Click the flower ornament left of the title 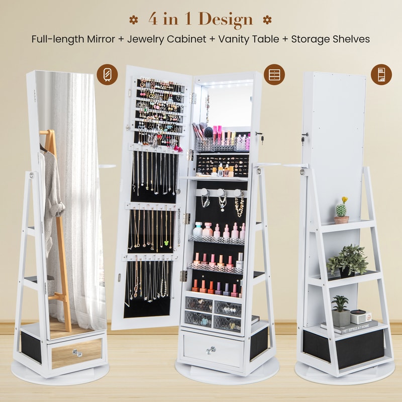coord(133,20)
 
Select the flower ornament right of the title coord(267,20)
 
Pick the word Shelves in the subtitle coord(351,39)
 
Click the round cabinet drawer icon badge coord(274,74)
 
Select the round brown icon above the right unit coord(381,74)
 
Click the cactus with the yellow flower coord(342,211)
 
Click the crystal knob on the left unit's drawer coord(77,353)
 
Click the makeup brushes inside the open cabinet coord(199,130)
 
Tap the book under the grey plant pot coord(354,328)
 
